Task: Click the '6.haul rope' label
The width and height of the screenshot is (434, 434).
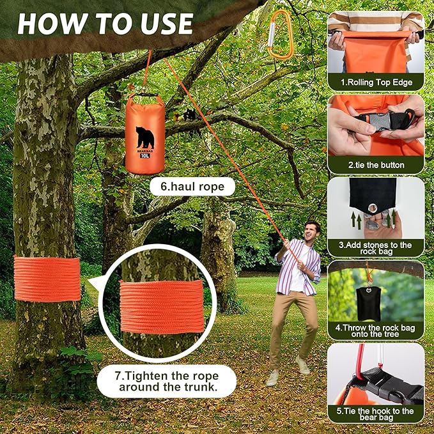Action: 192,187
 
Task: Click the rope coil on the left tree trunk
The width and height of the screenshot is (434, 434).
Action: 47,279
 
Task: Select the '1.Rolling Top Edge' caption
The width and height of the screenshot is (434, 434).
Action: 376,82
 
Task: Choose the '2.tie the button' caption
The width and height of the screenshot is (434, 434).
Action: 376,165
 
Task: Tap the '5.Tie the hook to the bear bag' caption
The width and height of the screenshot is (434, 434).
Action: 376,414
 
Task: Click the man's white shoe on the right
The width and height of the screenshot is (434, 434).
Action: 303,366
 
